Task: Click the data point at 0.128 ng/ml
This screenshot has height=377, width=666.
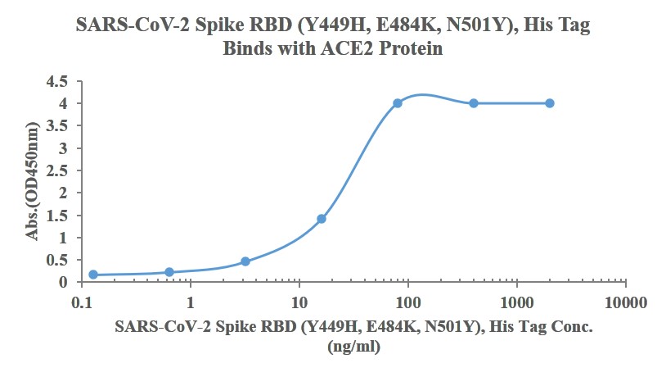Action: point(93,275)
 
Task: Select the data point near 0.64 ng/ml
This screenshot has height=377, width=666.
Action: point(169,272)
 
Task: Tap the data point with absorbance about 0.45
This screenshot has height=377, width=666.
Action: point(245,261)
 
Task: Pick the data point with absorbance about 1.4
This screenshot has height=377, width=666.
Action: point(322,219)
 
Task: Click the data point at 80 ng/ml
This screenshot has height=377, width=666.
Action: point(398,103)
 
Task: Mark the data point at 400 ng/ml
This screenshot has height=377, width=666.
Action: point(474,103)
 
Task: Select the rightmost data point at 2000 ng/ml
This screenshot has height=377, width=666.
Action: point(550,103)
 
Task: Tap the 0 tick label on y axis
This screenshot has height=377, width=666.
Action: point(65,282)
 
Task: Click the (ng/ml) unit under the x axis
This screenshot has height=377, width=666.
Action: point(353,347)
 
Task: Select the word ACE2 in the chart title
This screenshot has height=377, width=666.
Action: point(342,48)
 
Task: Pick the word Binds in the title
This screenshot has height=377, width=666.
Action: point(246,48)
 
